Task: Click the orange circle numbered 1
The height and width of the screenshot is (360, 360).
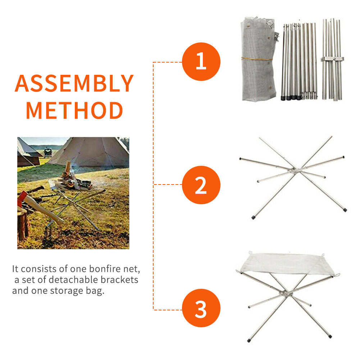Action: point(201,61)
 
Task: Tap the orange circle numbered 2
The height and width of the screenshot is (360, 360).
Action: point(201,185)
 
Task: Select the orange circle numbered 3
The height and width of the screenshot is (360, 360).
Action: point(201,308)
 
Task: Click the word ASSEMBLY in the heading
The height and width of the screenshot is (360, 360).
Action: point(74,83)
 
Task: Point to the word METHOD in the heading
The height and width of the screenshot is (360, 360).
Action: point(74,111)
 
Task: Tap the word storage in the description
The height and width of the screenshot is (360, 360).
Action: point(67,291)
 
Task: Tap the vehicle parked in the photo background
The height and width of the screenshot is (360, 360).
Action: point(47,152)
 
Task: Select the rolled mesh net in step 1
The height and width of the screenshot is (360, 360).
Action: point(258,60)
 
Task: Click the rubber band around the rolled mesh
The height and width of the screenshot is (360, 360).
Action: point(257,59)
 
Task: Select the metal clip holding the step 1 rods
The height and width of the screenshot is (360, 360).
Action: point(332,59)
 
